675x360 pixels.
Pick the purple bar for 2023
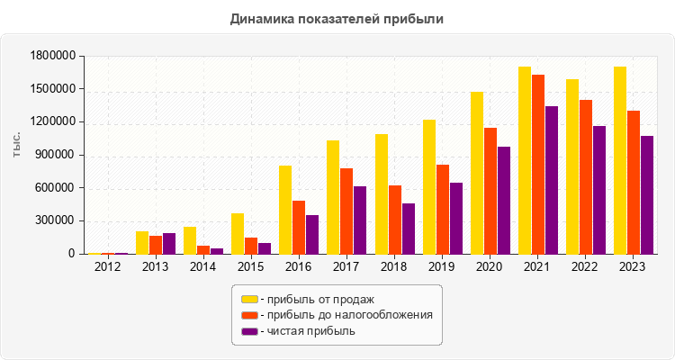[647, 194]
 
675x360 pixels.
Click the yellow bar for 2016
[284, 210]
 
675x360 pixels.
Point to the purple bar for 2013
[169, 243]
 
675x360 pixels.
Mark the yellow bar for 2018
[382, 193]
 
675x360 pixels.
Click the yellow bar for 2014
[190, 240]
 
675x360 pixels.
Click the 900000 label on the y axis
[55, 155]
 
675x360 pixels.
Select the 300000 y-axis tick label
[55, 220]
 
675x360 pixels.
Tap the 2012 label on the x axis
[107, 266]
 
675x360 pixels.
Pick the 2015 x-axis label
[251, 266]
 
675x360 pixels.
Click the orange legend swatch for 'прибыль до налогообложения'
[248, 315]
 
